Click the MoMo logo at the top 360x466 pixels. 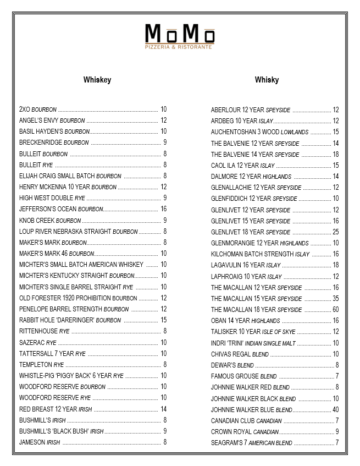pos(180,34)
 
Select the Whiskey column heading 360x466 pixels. pos(97,80)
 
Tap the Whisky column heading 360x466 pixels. pos(267,80)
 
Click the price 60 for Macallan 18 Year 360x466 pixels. pos(335,310)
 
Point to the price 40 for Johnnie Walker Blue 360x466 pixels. pos(335,409)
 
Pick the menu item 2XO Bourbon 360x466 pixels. pos(38,109)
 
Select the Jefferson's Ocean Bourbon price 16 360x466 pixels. pos(163,209)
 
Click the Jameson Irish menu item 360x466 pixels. pos(40,442)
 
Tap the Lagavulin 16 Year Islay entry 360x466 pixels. pos(246,265)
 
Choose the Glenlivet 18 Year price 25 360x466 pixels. pos(335,232)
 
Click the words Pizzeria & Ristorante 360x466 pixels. pos(180,48)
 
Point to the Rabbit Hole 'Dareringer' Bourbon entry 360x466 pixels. pos(70,320)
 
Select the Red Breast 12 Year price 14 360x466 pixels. pos(163,409)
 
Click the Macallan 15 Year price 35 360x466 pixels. pos(335,299)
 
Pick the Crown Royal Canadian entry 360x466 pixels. pos(245,432)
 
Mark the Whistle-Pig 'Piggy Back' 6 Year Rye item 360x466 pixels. pos(71,376)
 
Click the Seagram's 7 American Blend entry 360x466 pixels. pos(251,443)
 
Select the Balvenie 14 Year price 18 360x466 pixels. pos(335,154)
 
